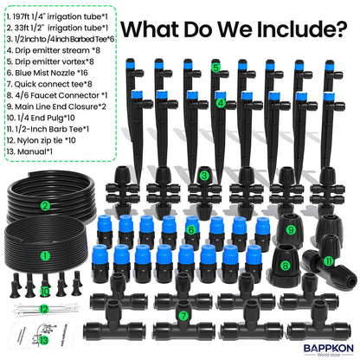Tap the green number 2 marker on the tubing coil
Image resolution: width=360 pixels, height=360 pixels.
(x=44, y=205)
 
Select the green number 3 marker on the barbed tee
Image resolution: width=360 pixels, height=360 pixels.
(x=204, y=176)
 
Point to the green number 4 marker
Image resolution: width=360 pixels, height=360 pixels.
(x=221, y=103)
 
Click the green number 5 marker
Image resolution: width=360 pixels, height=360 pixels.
(x=215, y=66)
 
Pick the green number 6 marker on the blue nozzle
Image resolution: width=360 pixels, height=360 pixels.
(x=192, y=229)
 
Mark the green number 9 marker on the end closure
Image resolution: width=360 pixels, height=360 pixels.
(x=291, y=229)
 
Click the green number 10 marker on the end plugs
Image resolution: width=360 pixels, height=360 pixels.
(x=45, y=292)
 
